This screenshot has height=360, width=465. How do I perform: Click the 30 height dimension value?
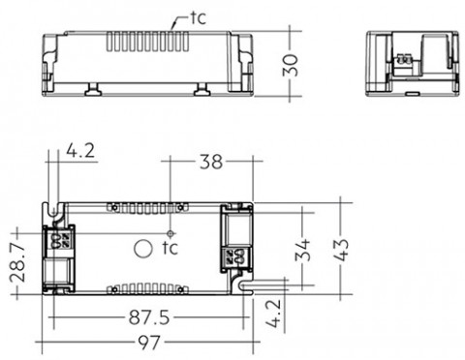(290, 66)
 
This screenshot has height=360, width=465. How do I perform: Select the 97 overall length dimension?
(149, 343)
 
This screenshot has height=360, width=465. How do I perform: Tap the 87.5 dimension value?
(149, 317)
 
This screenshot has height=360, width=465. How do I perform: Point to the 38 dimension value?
(211, 162)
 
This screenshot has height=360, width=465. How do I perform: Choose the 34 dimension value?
(302, 250)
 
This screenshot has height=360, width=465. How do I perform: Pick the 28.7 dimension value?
(17, 262)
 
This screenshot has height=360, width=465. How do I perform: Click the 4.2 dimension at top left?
(80, 150)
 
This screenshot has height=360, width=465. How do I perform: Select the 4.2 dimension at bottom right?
(274, 314)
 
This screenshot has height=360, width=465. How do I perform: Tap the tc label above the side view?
(198, 18)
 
